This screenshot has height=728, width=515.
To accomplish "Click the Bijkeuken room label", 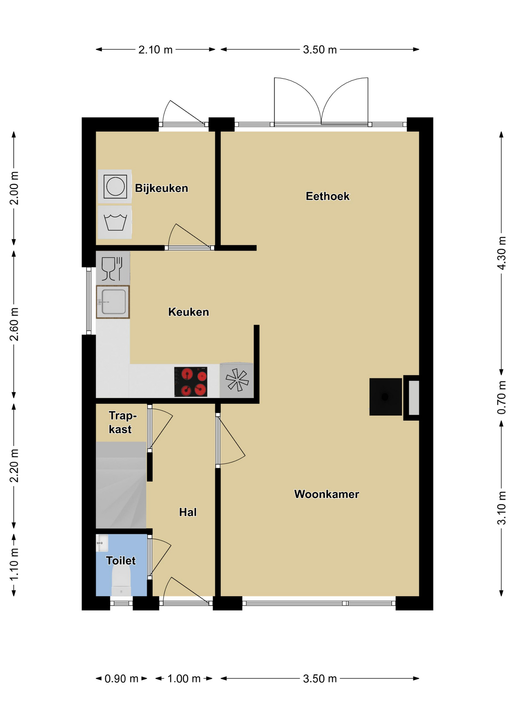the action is [x=162, y=188].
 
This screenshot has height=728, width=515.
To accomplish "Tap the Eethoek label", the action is [x=328, y=196].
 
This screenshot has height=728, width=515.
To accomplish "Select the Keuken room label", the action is [x=188, y=312].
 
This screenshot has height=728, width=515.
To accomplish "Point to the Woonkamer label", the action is [x=327, y=494].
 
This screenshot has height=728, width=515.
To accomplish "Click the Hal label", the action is [x=188, y=512].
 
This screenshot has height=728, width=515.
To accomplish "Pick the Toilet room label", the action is [x=121, y=560].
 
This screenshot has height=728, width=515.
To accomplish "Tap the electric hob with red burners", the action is [x=191, y=381].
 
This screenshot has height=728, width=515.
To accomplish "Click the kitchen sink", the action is [x=113, y=302].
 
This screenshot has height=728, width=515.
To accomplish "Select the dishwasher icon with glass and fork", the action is [x=113, y=268].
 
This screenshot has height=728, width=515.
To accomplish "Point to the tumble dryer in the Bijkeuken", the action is [x=115, y=186].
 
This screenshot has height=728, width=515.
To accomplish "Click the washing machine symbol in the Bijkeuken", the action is [x=115, y=222].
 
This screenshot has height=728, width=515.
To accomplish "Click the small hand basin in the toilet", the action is [x=102, y=543].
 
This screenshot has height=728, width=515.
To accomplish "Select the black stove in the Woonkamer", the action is [x=386, y=397].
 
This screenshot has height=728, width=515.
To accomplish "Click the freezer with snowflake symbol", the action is [x=237, y=380].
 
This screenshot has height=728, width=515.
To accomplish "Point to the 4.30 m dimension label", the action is [x=501, y=253].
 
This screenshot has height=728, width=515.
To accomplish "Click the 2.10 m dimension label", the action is [x=155, y=50].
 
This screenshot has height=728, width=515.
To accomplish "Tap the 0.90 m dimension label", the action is [x=121, y=678].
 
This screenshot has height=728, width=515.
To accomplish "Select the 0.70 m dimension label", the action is [x=501, y=398].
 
